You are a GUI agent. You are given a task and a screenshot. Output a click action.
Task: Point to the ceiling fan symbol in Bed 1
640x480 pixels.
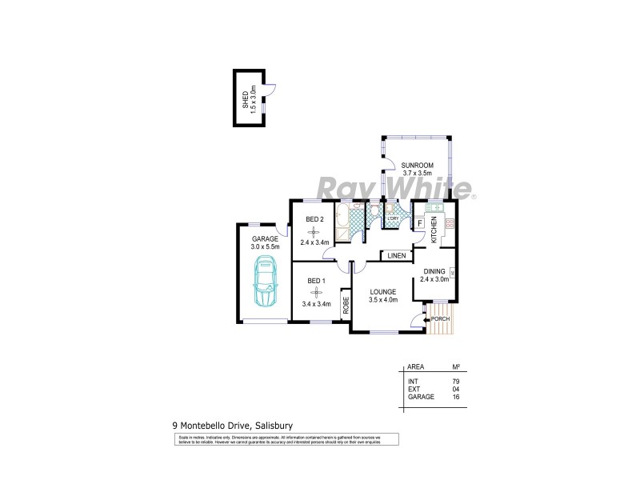click(317, 292)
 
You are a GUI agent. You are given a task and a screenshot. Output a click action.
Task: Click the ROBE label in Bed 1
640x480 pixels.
click(346, 305)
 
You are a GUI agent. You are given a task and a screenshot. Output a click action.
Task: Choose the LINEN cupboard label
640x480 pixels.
click(396, 256)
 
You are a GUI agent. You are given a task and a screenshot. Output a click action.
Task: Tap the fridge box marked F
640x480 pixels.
click(420, 223)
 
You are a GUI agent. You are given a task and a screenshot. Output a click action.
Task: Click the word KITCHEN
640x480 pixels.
click(434, 230)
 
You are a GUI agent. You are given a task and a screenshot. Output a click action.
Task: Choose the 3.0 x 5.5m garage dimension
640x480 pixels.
click(266, 246)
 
